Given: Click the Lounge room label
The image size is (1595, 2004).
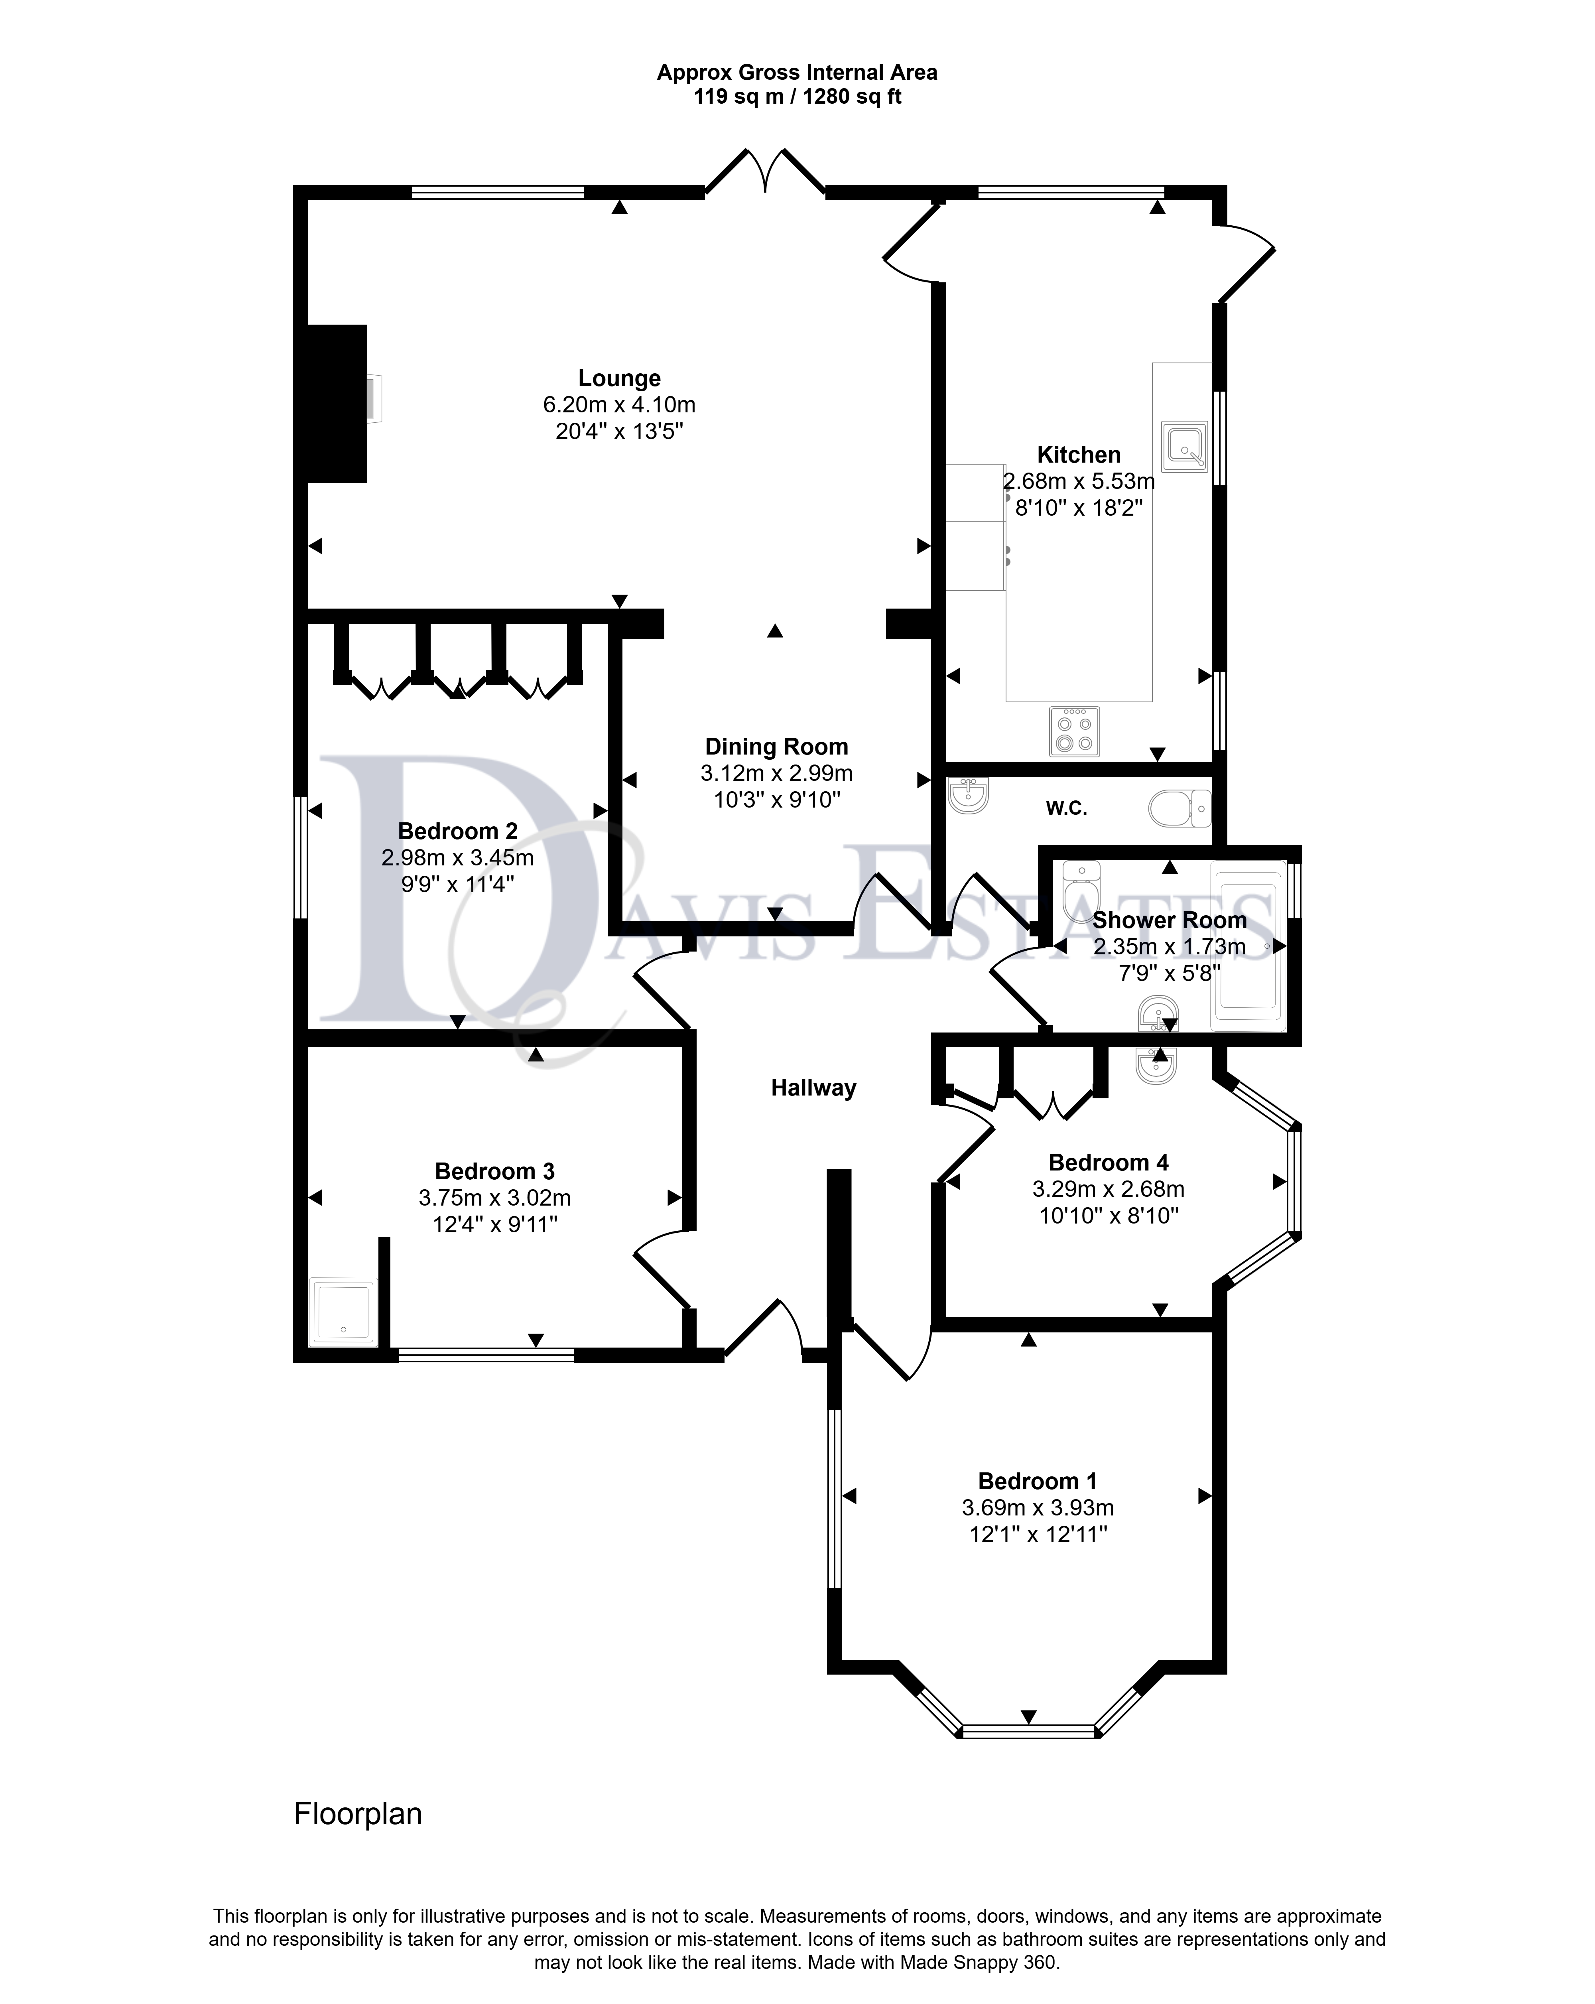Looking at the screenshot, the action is click(619, 378).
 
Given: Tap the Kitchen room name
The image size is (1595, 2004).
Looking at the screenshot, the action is click(1078, 455).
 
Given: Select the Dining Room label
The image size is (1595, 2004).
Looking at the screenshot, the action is click(776, 747).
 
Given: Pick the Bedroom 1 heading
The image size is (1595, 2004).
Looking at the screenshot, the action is click(1037, 1481).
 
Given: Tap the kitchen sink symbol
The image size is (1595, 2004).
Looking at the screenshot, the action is click(1184, 444).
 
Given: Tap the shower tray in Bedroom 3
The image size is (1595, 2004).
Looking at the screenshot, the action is click(344, 1312).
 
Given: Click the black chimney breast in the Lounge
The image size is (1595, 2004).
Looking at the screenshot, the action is click(337, 404).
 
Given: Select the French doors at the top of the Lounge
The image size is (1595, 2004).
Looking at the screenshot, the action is click(765, 170).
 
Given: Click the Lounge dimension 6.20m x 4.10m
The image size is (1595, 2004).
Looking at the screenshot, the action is click(619, 405).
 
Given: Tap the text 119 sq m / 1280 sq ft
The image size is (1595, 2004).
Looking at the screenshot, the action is click(797, 97).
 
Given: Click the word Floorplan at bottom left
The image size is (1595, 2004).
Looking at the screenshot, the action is click(358, 1813).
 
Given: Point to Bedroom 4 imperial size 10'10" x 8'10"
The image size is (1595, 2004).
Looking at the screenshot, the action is click(1109, 1216).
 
